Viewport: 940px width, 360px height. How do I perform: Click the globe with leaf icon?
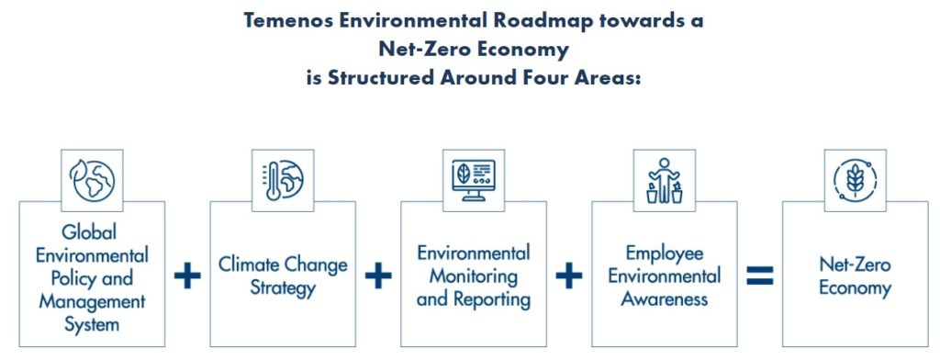(x=93, y=180)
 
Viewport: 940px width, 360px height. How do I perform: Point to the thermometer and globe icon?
(x=283, y=180)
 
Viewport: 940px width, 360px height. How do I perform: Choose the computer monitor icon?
(x=474, y=180)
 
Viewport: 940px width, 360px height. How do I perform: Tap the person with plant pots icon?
(x=665, y=180)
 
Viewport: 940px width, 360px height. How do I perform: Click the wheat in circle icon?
(x=855, y=180)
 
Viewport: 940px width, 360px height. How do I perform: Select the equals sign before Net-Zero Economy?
(x=759, y=276)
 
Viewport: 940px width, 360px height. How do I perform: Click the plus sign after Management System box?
(x=187, y=276)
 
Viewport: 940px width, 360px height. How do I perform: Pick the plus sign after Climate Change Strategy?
(x=377, y=276)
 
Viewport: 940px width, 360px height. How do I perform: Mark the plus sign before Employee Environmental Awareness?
(x=568, y=276)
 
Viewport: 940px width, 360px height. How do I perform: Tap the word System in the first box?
(x=92, y=324)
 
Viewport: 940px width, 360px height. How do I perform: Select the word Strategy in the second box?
(x=283, y=288)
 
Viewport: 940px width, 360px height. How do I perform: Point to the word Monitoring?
(x=474, y=276)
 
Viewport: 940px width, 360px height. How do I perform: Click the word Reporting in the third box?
(x=492, y=299)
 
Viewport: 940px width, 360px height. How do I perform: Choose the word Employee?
(x=665, y=253)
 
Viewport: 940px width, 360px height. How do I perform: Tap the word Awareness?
(x=665, y=299)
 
